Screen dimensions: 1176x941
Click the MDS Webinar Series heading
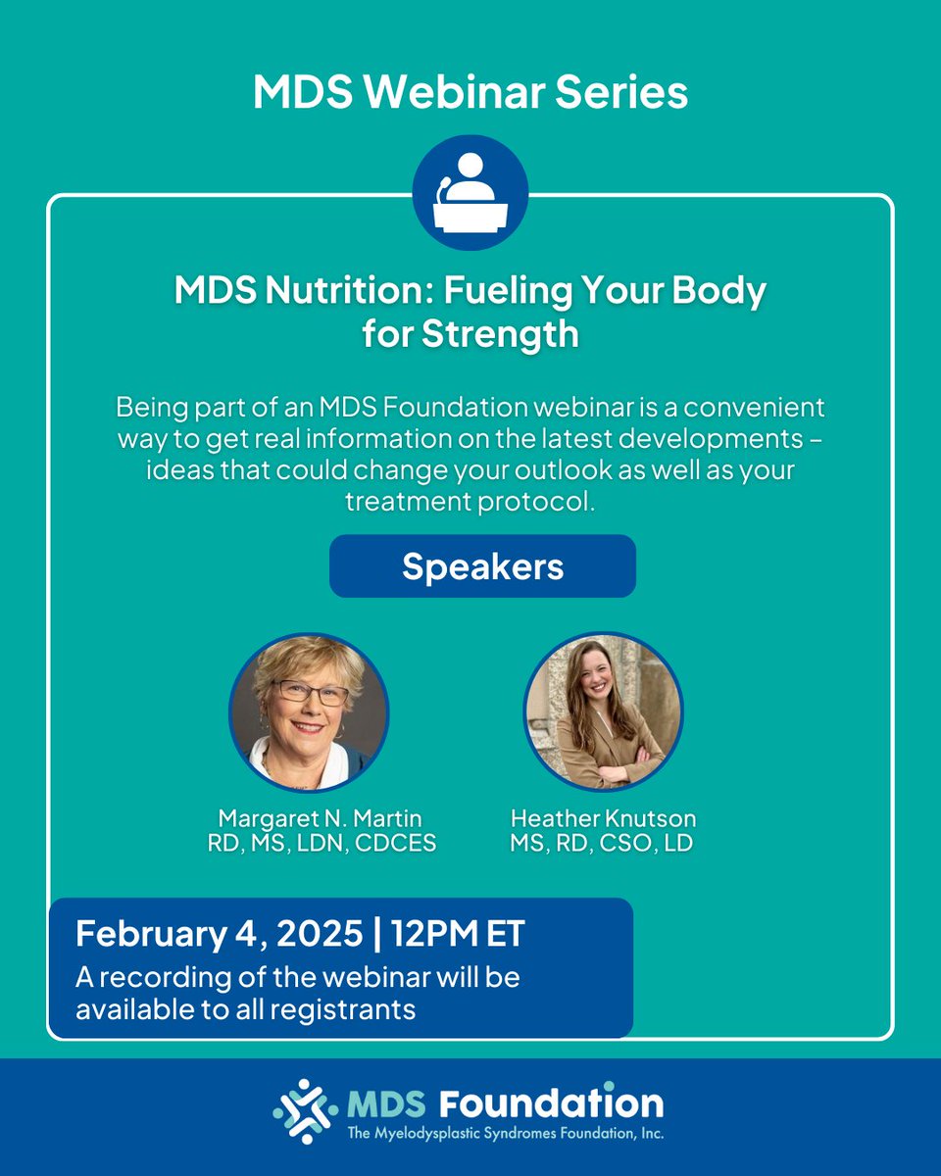(470, 92)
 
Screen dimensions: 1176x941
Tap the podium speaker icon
(470, 192)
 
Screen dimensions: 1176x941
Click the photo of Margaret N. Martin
(309, 711)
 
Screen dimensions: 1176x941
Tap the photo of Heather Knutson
(603, 711)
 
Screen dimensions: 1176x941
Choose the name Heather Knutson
(602, 817)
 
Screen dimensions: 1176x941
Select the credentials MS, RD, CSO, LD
(602, 843)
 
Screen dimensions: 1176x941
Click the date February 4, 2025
(219, 933)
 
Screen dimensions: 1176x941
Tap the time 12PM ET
(458, 933)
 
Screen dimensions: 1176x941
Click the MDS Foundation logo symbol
(302, 1111)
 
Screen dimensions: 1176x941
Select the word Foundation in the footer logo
(551, 1103)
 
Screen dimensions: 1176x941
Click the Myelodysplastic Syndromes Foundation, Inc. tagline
(506, 1134)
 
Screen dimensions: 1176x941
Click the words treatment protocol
(470, 500)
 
